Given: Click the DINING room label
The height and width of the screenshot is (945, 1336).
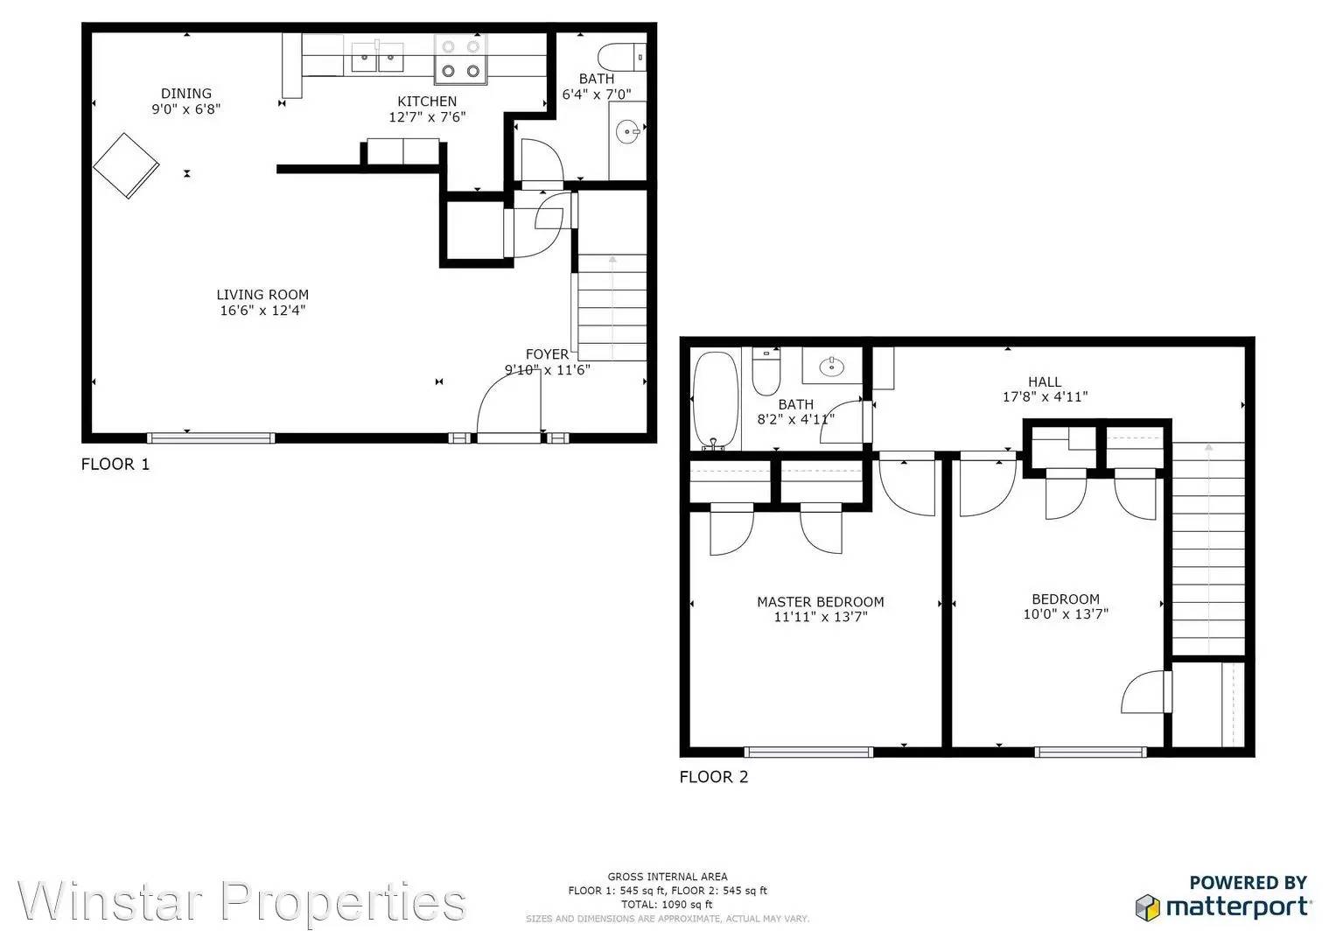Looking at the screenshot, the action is pyautogui.click(x=186, y=93).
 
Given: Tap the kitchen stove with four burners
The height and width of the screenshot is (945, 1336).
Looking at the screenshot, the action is pyautogui.click(x=460, y=59).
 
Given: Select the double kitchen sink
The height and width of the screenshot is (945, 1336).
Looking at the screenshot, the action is pyautogui.click(x=376, y=57).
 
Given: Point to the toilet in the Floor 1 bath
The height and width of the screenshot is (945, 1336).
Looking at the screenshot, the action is pyautogui.click(x=621, y=57).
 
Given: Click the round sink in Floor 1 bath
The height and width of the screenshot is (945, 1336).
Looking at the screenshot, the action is pyautogui.click(x=628, y=131).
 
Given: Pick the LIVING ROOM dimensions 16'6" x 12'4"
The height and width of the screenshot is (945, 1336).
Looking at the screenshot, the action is pyautogui.click(x=262, y=311).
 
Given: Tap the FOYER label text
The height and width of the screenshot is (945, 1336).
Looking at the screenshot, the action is pyautogui.click(x=547, y=354).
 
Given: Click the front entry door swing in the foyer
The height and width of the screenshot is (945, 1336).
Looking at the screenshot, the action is pyautogui.click(x=508, y=406).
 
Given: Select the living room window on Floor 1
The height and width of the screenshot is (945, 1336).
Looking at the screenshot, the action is pyautogui.click(x=211, y=438).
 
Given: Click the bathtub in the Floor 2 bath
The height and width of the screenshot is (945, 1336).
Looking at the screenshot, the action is pyautogui.click(x=715, y=401).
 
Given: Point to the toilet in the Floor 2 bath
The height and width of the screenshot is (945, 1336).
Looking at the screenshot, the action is pyautogui.click(x=766, y=372).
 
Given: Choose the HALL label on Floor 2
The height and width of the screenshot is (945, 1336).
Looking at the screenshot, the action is pyautogui.click(x=1045, y=381).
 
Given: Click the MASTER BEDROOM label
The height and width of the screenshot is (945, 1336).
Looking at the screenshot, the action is pyautogui.click(x=820, y=602).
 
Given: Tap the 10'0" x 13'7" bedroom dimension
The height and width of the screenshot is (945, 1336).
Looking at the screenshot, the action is pyautogui.click(x=1066, y=614).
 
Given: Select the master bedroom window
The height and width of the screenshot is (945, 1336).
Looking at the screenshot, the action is pyautogui.click(x=808, y=752).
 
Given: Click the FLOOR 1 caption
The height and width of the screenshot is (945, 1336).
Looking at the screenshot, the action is pyautogui.click(x=115, y=464).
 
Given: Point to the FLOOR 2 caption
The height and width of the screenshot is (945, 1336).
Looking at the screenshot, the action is pyautogui.click(x=713, y=777).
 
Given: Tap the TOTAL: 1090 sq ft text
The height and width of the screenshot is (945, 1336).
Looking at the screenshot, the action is pyautogui.click(x=667, y=905).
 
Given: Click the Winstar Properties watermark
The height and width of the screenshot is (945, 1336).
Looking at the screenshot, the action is pyautogui.click(x=241, y=901).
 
